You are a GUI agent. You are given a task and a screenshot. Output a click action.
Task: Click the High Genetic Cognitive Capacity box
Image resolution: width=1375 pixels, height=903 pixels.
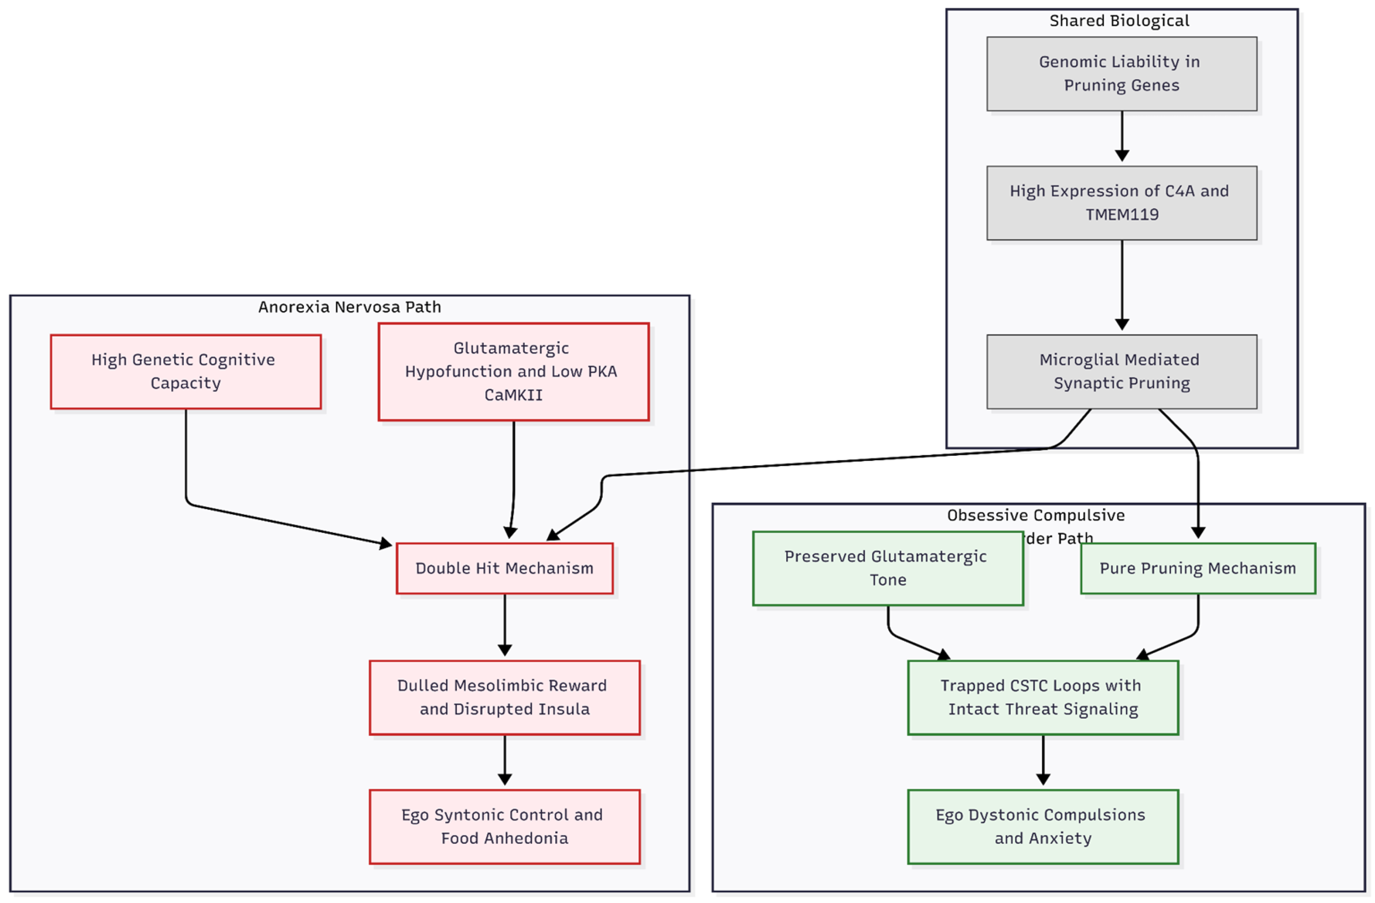click(185, 372)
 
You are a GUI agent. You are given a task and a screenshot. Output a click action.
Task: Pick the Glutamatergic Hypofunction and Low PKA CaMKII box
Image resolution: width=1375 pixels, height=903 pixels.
click(513, 372)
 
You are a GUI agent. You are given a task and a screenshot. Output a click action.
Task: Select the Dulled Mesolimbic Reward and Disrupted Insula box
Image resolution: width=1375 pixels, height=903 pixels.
click(504, 697)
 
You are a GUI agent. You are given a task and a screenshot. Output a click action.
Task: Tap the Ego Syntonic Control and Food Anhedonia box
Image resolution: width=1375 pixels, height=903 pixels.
click(504, 827)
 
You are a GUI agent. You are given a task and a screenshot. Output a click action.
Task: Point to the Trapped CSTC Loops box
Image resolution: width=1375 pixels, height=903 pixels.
click(1043, 697)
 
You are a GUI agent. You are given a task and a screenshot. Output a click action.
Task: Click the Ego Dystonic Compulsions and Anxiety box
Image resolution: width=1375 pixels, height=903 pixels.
click(1043, 827)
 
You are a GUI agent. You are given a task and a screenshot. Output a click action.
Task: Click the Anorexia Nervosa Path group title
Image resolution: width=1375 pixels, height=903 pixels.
click(350, 307)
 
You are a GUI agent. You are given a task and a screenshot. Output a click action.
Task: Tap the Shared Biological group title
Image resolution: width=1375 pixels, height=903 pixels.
click(1119, 21)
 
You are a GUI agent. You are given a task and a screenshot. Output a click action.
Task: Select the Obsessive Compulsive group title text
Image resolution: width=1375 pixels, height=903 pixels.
click(1035, 515)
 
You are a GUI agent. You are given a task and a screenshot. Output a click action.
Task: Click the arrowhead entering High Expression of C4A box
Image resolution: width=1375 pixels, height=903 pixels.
click(1122, 156)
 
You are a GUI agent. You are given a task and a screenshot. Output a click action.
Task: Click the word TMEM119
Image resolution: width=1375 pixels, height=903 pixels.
click(1122, 214)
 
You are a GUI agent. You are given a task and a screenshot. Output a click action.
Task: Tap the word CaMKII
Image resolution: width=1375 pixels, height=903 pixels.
click(513, 395)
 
